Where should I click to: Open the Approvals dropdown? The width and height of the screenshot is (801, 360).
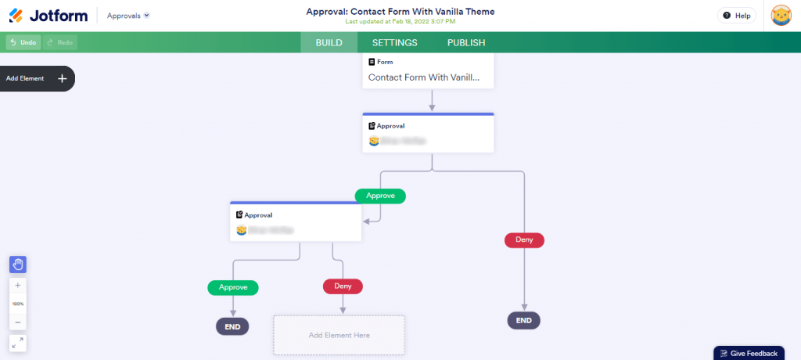[128, 16]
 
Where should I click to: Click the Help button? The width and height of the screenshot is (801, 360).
[736, 16]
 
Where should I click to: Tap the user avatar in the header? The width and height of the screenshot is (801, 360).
[781, 16]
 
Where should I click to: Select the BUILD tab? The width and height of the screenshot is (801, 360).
[329, 43]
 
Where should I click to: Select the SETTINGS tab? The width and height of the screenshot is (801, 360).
[394, 43]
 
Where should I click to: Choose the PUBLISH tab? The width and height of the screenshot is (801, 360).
[466, 43]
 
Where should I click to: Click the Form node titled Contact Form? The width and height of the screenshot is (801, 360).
[429, 70]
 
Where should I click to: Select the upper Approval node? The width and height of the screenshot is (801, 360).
[429, 133]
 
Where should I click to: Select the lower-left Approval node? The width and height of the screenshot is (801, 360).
[296, 222]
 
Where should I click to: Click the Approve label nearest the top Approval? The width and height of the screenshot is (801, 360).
[380, 196]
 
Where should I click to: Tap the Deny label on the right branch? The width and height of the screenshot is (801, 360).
[524, 239]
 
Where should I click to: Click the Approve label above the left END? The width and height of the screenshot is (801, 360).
[233, 287]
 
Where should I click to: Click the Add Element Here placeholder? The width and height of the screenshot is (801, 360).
[339, 335]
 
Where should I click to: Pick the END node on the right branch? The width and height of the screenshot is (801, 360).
[524, 320]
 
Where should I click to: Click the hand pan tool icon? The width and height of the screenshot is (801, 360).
[18, 265]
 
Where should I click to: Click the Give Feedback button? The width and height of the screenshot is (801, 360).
[749, 353]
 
